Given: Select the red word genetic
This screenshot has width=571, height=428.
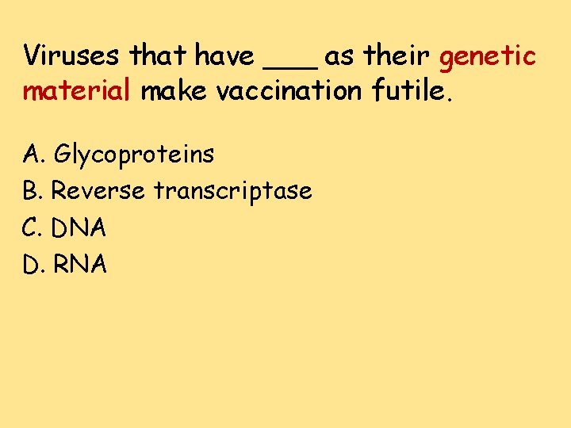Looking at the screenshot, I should pyautogui.click(x=487, y=57).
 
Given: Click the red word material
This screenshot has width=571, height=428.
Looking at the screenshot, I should pyautogui.click(x=75, y=91).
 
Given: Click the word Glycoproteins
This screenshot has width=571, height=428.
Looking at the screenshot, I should pyautogui.click(x=132, y=155).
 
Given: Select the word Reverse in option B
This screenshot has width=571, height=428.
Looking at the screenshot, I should pyautogui.click(x=98, y=191).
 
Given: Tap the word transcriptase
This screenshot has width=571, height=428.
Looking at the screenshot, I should pyautogui.click(x=232, y=191).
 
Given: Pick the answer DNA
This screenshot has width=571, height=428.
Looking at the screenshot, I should pyautogui.click(x=79, y=228).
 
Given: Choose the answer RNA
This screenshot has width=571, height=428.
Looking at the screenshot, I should pyautogui.click(x=79, y=265).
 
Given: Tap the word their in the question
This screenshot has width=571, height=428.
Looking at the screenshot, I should pyautogui.click(x=397, y=56).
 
